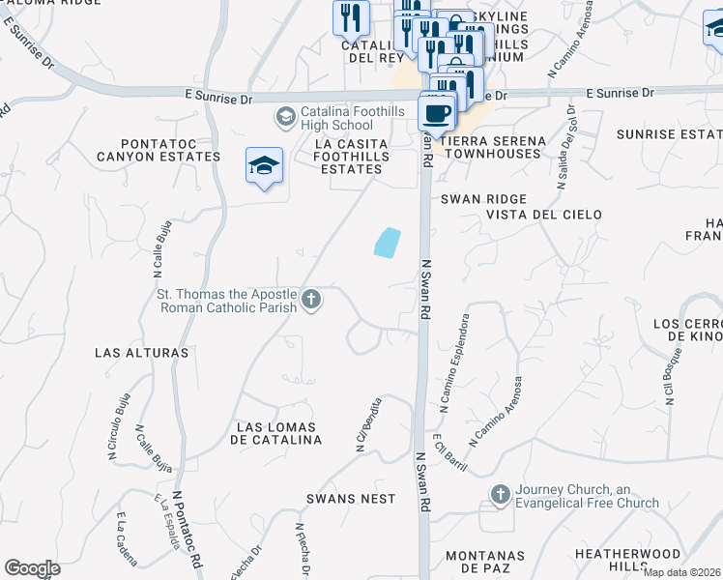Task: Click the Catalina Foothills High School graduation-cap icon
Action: [x=285, y=118]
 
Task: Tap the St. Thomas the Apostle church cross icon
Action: [x=311, y=300]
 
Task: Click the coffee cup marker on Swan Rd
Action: [x=437, y=113]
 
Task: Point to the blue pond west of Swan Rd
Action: [x=387, y=243]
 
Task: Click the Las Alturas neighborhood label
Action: [x=142, y=353]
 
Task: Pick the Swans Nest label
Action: [x=351, y=499]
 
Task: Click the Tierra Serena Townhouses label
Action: [x=492, y=148]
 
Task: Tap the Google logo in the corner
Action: [x=32, y=568]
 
